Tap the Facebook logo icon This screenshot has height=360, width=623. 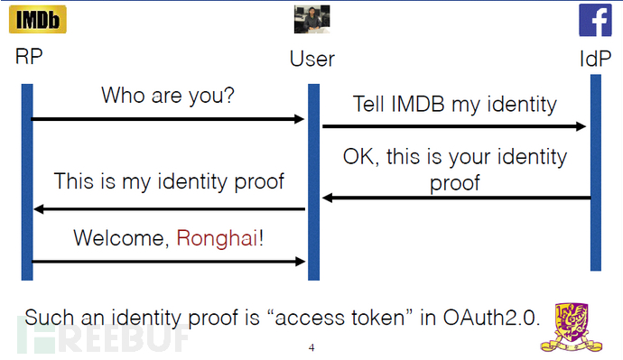[596, 21]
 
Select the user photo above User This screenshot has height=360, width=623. [311, 19]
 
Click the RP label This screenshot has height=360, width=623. [29, 57]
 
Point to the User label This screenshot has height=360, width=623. [311, 60]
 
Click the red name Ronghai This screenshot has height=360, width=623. [217, 238]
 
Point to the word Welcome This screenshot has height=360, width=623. [119, 238]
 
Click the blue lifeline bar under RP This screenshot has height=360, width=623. [27, 180]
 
